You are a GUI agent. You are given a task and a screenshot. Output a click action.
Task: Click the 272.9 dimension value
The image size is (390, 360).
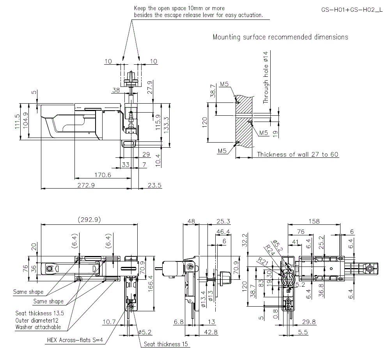(x=87, y=185)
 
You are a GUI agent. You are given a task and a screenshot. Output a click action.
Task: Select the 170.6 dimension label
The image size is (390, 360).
(x=103, y=175)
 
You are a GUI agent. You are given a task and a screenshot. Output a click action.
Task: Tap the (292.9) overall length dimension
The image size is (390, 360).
(x=89, y=220)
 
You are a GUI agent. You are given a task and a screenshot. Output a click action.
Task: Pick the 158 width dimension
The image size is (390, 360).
(x=314, y=221)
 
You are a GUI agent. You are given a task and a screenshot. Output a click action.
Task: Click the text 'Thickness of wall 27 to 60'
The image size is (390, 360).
(x=298, y=154)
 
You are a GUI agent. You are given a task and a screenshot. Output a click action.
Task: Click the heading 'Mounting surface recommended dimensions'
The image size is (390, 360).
(x=280, y=37)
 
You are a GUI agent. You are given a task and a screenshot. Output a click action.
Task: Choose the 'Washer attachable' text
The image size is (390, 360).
(x=38, y=327)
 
